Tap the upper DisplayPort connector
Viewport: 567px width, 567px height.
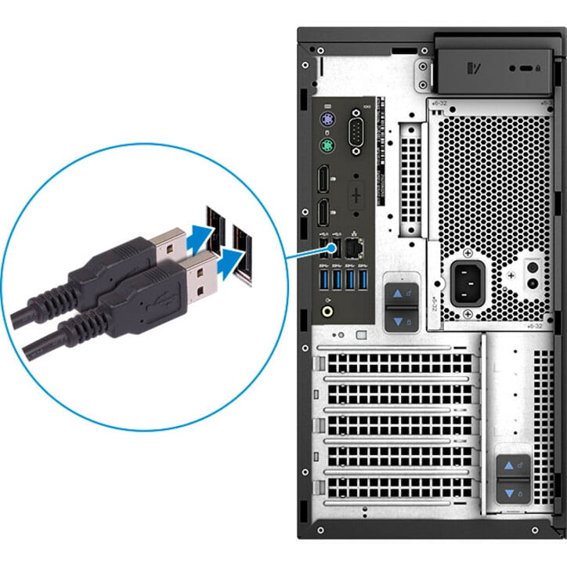(322, 181)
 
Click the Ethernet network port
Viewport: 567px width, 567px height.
(353, 248)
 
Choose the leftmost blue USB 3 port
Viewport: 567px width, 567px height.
(322, 278)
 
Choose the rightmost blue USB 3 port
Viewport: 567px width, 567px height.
(363, 278)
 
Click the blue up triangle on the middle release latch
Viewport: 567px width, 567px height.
(398, 293)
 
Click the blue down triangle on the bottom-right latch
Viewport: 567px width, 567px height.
(510, 494)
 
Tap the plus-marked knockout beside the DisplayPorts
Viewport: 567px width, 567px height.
(357, 193)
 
